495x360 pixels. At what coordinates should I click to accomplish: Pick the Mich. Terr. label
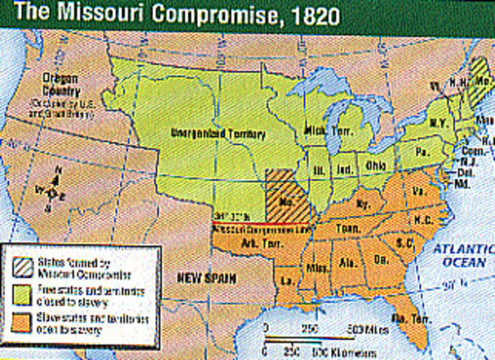tap(323, 129)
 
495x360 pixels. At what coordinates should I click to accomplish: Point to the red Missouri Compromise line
tap(255, 225)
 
